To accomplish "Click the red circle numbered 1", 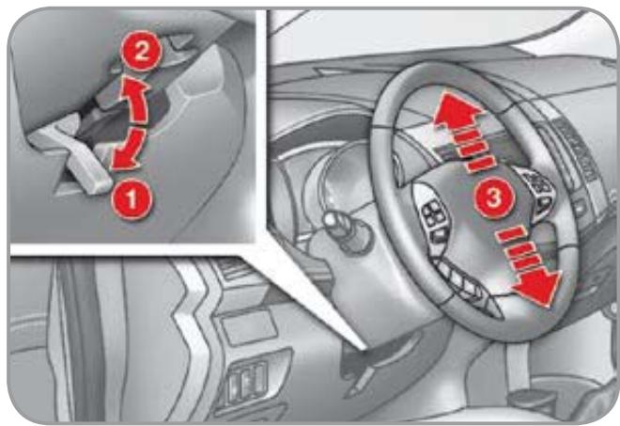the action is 132,199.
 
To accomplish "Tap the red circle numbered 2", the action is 141,51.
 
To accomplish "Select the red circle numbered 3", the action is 494,197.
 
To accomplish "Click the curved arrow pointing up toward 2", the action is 135,99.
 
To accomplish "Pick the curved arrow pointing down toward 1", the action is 129,150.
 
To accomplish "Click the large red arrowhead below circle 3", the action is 538,287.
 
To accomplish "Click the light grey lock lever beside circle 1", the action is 71,154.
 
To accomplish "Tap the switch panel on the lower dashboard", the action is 246,381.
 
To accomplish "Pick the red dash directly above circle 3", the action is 480,164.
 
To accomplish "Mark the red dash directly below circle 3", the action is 511,234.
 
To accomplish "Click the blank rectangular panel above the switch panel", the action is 248,327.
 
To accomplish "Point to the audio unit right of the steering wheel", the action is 577,150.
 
